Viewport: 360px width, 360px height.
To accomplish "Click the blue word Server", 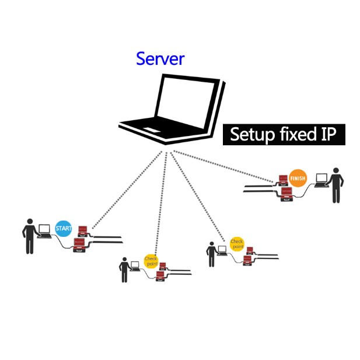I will pos(160,59).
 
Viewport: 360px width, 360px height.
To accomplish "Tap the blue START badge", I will pos(63,228).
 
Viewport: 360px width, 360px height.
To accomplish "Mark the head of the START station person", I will pos(29,222).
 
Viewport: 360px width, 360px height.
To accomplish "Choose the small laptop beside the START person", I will pos(44,232).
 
